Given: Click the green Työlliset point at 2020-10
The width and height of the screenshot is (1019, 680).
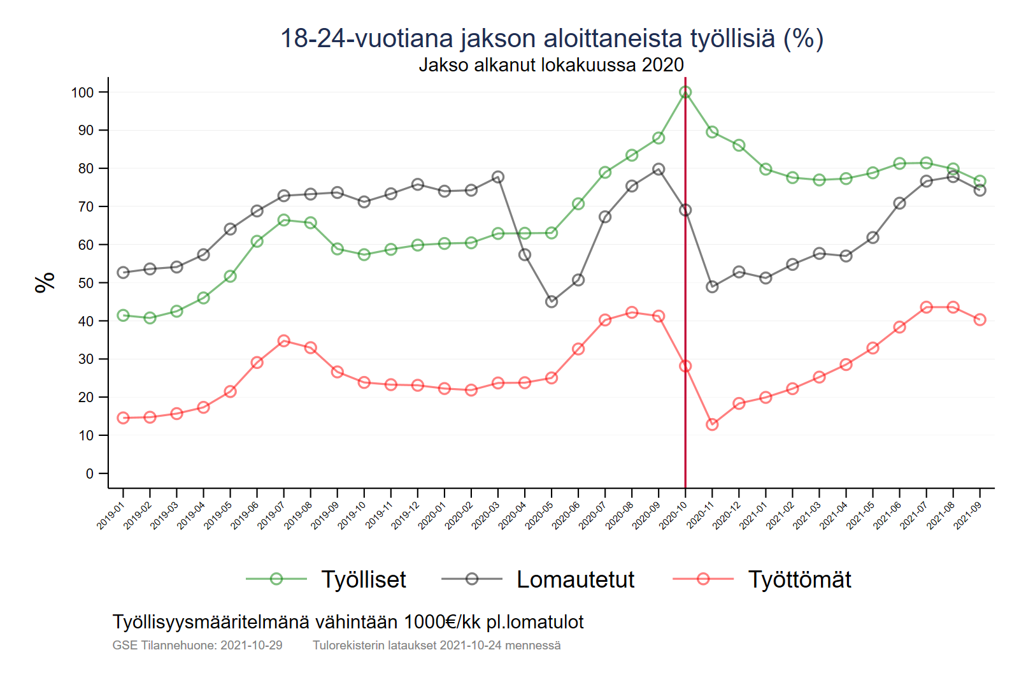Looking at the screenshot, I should pyautogui.click(x=685, y=92).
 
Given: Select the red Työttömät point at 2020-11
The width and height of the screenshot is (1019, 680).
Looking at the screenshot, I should pyautogui.click(x=712, y=424).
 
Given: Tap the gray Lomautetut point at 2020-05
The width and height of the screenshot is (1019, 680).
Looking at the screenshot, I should pyautogui.click(x=552, y=301).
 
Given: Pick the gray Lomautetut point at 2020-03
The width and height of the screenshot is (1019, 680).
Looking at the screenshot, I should pyautogui.click(x=498, y=177).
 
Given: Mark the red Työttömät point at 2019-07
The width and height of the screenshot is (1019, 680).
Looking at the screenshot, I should pyautogui.click(x=284, y=341).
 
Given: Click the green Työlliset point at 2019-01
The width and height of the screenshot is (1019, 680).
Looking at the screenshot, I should pyautogui.click(x=124, y=315).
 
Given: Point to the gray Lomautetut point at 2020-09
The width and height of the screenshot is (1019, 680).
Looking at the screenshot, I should pyautogui.click(x=659, y=170).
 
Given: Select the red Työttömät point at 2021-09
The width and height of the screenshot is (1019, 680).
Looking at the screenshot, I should pyautogui.click(x=980, y=319).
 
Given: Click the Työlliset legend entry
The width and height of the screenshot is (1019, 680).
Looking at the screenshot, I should pyautogui.click(x=363, y=579).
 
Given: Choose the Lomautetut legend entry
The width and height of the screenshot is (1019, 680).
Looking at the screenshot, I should pyautogui.click(x=575, y=579).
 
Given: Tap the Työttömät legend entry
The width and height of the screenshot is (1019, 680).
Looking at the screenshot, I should pyautogui.click(x=799, y=579).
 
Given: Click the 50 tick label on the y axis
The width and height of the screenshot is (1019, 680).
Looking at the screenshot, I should pyautogui.click(x=85, y=283).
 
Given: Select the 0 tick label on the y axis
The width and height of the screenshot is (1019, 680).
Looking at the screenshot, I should pyautogui.click(x=90, y=474).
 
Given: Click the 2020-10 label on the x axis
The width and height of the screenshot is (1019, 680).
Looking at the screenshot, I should pyautogui.click(x=674, y=515).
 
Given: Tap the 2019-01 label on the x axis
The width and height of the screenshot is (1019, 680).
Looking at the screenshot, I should pyautogui.click(x=111, y=515).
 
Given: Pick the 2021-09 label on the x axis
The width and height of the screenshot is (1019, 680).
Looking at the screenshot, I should pyautogui.click(x=968, y=515).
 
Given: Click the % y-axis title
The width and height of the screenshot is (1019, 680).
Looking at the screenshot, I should pyautogui.click(x=45, y=282).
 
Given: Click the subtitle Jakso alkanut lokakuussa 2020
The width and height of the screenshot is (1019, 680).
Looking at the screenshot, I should pyautogui.click(x=551, y=65).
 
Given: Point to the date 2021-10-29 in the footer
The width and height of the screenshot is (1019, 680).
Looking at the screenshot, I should pyautogui.click(x=251, y=646).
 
